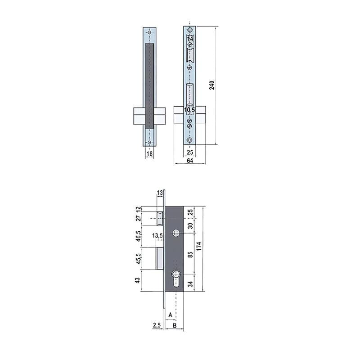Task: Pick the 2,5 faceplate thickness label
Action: coord(157,324)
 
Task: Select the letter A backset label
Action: coord(171,315)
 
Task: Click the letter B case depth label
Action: coord(175,324)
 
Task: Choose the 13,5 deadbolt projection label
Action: coord(157,235)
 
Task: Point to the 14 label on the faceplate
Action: coord(190,40)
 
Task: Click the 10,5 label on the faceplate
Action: coord(190,109)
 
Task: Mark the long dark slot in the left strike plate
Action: coord(150,85)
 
